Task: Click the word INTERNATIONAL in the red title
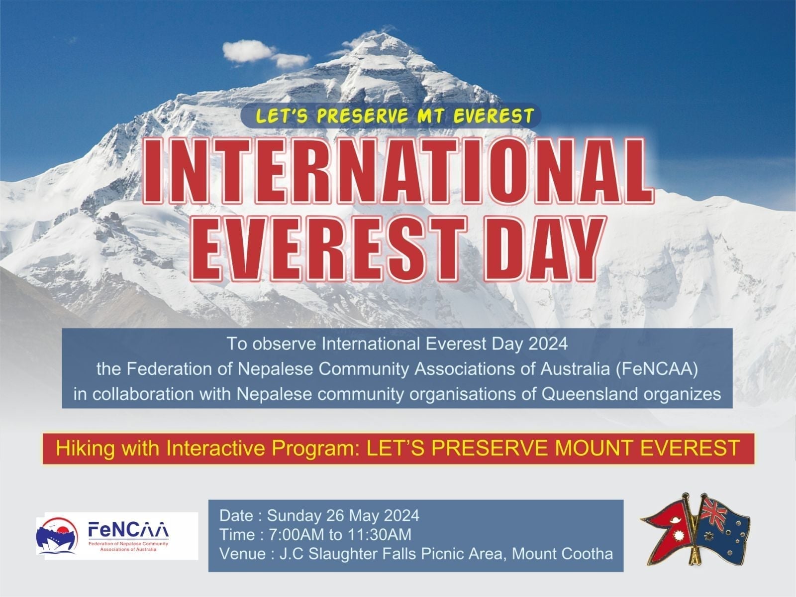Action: point(398,171)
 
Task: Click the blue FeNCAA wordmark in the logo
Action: point(128,531)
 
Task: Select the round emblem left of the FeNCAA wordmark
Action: point(57,536)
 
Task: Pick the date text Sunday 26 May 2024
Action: point(343,516)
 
